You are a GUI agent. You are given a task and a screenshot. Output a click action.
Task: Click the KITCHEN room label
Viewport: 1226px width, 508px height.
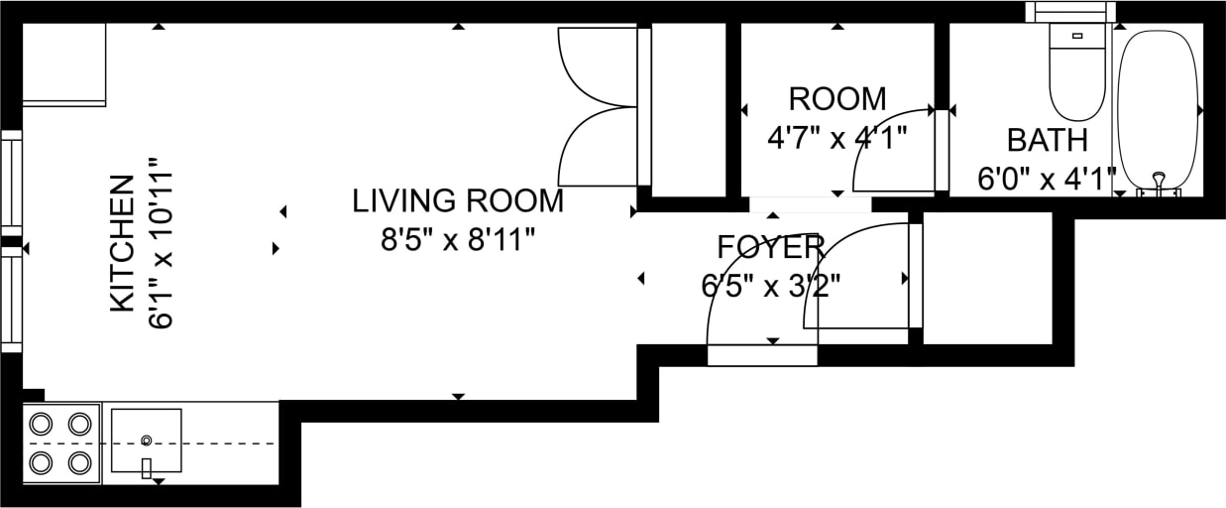[121, 243]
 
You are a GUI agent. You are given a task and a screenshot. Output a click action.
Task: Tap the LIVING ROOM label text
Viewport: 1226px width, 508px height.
[458, 201]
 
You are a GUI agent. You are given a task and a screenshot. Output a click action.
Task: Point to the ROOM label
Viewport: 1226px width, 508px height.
[837, 99]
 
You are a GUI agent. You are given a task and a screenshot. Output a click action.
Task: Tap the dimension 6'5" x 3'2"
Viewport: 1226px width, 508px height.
[770, 286]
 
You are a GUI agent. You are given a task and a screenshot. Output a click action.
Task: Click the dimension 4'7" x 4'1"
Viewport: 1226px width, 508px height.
[837, 137]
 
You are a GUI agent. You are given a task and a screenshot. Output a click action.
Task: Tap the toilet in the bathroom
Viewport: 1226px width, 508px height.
[1077, 84]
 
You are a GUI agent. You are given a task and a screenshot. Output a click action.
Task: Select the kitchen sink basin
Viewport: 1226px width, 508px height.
[146, 441]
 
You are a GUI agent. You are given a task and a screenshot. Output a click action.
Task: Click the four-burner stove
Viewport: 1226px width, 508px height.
[60, 443]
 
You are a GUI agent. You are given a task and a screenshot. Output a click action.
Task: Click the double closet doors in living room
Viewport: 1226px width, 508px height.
[598, 106]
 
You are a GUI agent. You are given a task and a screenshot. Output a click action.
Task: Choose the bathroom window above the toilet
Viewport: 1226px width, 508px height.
[1069, 12]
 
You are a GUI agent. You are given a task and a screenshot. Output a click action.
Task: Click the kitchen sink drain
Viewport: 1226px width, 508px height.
[147, 440]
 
